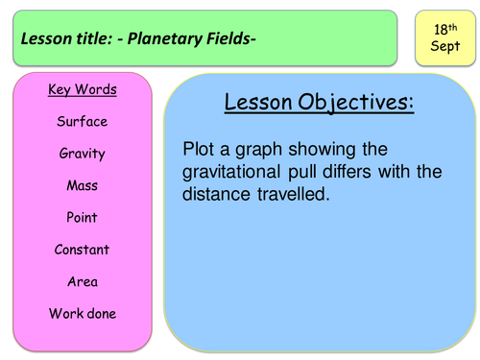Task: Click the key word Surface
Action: coord(83,121)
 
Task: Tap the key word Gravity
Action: coord(83,154)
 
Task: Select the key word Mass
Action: coord(83,185)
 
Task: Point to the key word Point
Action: coord(82,217)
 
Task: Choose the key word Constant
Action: coord(82,250)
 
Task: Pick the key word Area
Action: coord(83,281)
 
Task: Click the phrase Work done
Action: coord(83,314)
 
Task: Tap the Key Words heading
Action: coord(83,89)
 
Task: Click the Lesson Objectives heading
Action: coord(319,103)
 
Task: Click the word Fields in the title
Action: coord(229,38)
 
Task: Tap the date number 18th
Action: coord(445,30)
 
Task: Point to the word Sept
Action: coord(445,46)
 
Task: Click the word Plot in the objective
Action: coord(199,149)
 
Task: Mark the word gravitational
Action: coord(231,172)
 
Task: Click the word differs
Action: coord(347,171)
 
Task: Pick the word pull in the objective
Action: coord(301,172)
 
